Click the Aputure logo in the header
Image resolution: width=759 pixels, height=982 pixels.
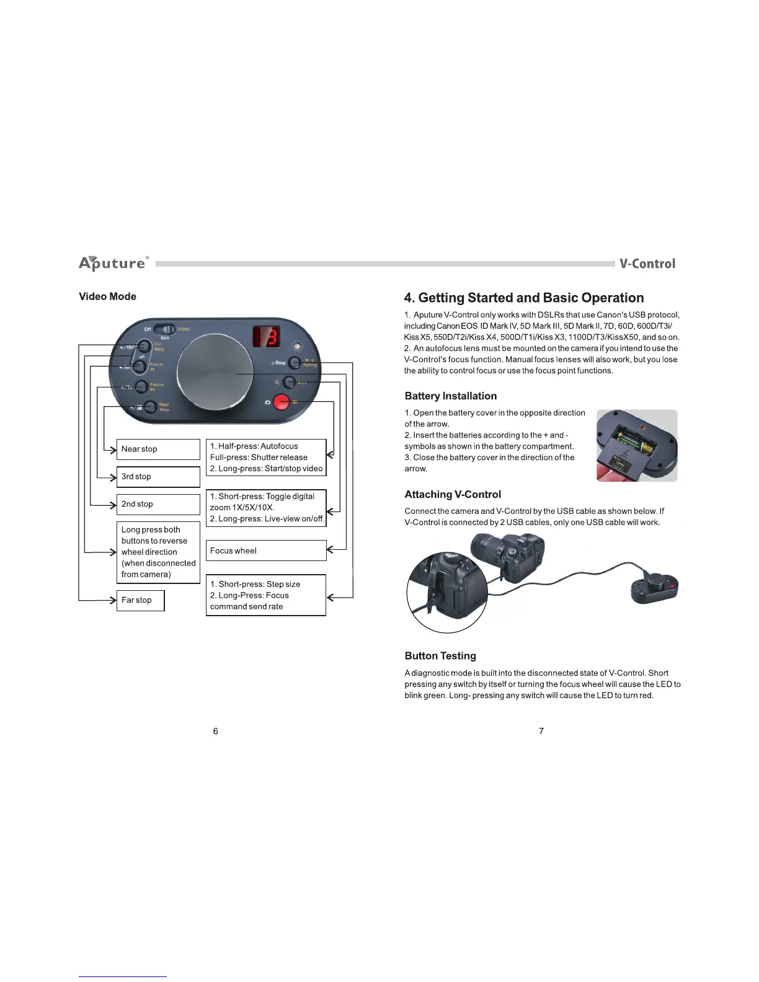tap(113, 263)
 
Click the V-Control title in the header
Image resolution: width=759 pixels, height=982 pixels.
tap(647, 263)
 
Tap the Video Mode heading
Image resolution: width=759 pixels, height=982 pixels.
tap(107, 296)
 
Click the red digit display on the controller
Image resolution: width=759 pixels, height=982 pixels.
tap(266, 337)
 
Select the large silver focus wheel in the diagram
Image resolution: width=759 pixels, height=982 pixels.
tap(215, 372)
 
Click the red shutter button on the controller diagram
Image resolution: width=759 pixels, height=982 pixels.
tap(282, 402)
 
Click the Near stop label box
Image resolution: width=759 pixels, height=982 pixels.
tap(158, 449)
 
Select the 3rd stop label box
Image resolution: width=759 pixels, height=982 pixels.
tap(158, 477)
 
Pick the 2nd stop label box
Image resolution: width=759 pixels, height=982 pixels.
tap(158, 504)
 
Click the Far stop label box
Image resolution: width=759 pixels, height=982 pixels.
tap(140, 600)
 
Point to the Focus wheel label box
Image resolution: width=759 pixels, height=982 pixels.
tap(266, 551)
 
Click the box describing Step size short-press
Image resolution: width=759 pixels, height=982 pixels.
tap(266, 595)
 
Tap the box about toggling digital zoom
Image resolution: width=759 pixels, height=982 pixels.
tap(266, 508)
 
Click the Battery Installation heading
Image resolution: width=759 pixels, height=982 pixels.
tap(450, 396)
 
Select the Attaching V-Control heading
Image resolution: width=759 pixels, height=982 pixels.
tap(453, 494)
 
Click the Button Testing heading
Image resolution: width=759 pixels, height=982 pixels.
tap(440, 656)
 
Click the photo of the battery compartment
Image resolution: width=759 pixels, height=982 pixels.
tap(636, 445)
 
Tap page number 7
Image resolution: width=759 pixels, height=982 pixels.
tap(541, 731)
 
